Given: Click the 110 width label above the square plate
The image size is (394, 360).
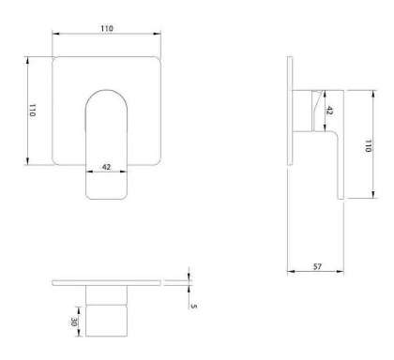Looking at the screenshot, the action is (107, 28).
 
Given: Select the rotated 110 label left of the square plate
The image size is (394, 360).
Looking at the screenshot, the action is (32, 111).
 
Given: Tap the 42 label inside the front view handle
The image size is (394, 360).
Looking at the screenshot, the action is (106, 167).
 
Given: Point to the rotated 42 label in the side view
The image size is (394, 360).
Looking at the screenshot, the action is (329, 111).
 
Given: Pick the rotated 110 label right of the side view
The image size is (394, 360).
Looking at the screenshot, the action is (368, 146).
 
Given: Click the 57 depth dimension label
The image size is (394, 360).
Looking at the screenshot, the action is (317, 266).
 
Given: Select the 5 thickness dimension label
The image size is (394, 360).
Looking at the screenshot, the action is (194, 307).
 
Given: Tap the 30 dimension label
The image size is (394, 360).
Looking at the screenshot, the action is (74, 322).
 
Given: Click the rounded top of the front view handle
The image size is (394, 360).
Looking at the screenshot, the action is (106, 90).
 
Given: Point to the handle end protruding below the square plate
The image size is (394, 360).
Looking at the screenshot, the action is (106, 182).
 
